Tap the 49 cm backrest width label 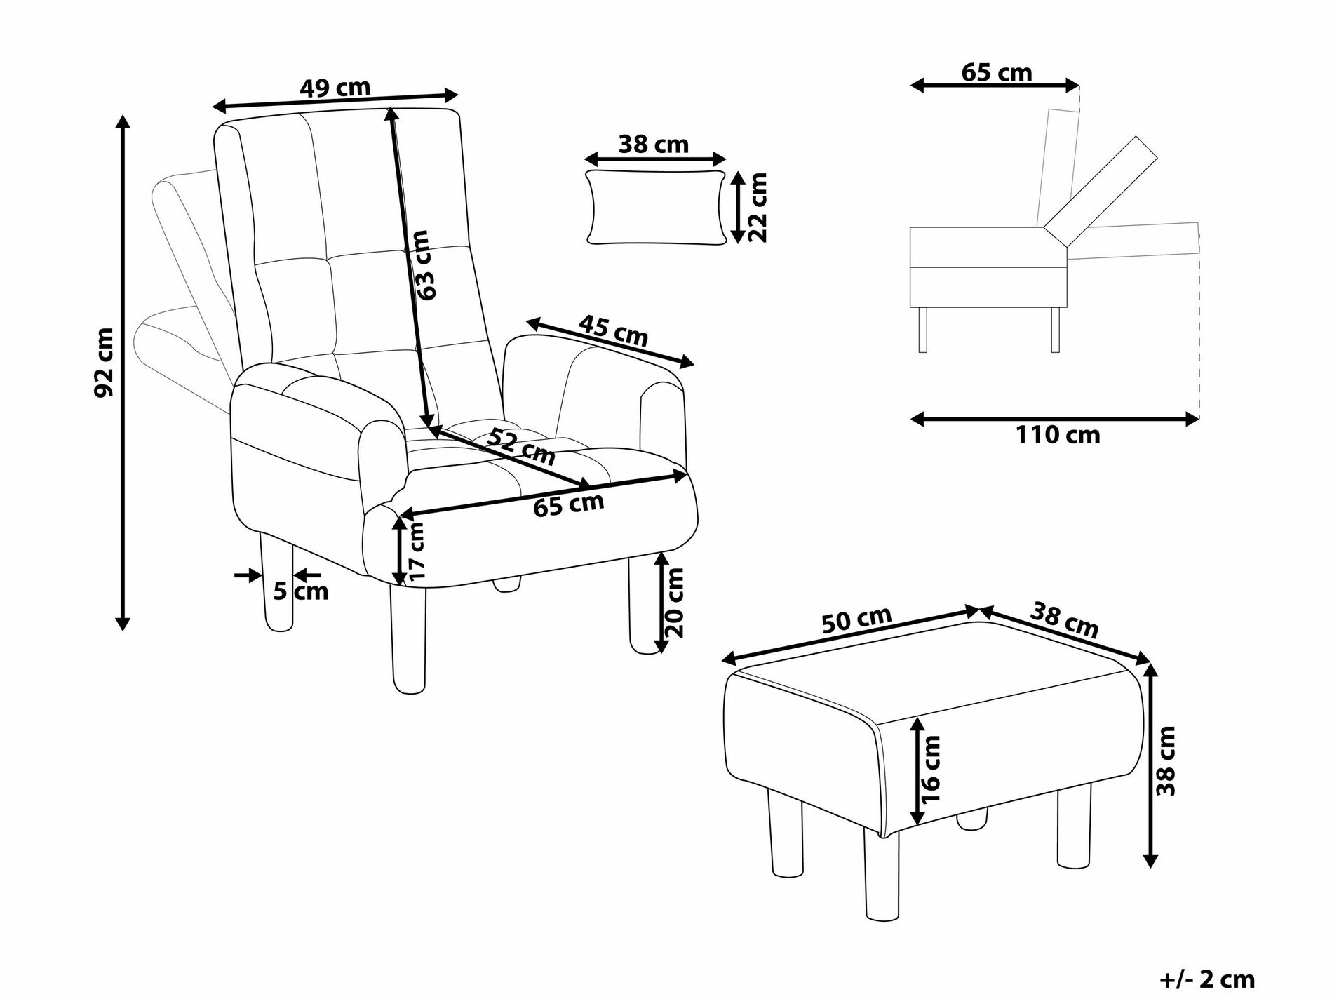coord(335,88)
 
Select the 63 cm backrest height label coord(424,266)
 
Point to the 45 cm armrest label coord(613,330)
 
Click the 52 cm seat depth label coord(521,447)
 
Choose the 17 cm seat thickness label coord(417,550)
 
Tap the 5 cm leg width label coord(300,591)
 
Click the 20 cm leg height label coord(673,602)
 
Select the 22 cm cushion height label coord(756,208)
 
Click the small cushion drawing coord(655,207)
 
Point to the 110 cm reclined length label coord(1058,435)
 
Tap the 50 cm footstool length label coord(856,619)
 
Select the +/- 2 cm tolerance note coord(1207,979)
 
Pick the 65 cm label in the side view coord(996,72)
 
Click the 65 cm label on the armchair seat coord(568,504)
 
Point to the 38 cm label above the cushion coord(654,145)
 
